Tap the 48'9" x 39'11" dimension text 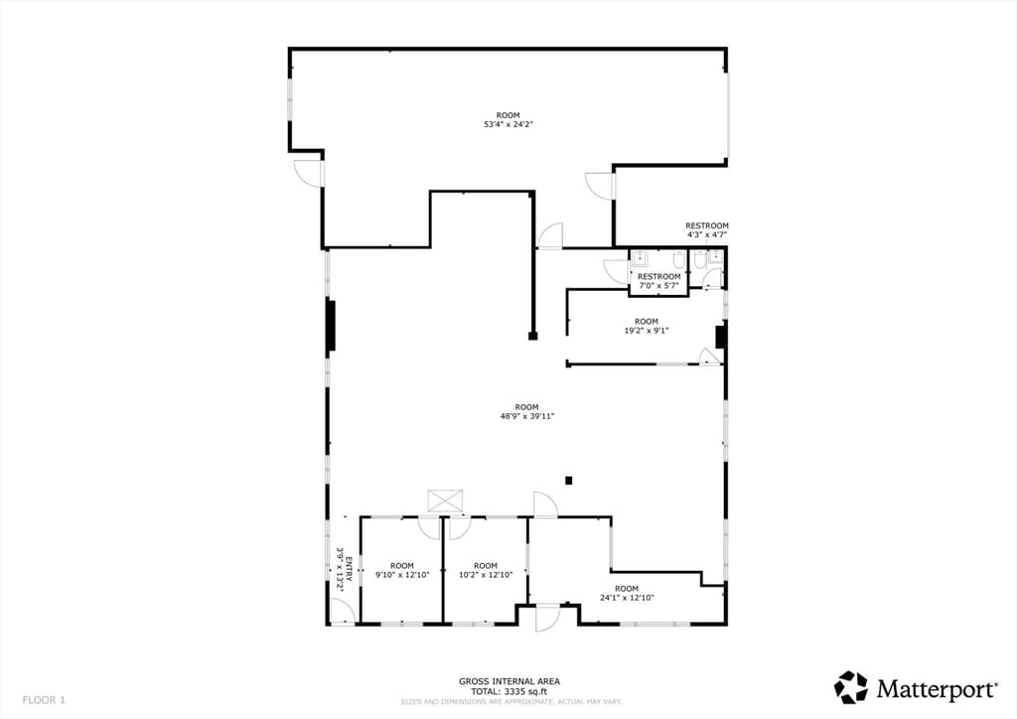(526, 416)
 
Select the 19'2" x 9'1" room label (646, 330)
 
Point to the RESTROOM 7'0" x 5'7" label (658, 281)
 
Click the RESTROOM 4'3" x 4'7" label (707, 230)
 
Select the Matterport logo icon (850, 687)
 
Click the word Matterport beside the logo (938, 689)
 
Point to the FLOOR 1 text (44, 700)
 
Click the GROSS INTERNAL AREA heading (509, 681)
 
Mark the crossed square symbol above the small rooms (446, 502)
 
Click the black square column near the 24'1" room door (569, 481)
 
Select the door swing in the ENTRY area (342, 611)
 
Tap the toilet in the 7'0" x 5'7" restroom (678, 260)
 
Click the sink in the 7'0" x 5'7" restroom (639, 259)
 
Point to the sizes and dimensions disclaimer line (511, 701)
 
